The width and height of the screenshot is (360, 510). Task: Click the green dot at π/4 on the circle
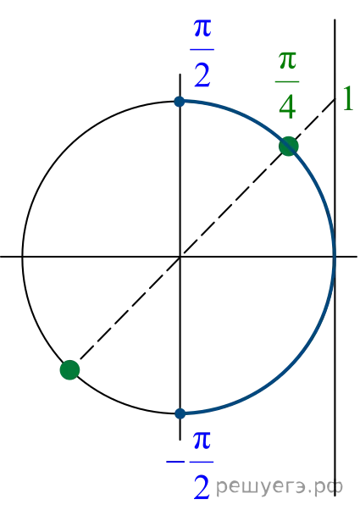[x=289, y=147]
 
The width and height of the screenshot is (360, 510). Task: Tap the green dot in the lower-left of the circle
[x=70, y=370]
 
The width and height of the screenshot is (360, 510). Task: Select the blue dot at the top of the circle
[x=180, y=102]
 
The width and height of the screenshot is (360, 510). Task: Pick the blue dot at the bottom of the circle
[x=180, y=413]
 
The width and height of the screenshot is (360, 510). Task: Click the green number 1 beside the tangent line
[x=348, y=99]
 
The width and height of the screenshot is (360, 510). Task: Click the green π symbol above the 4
[x=287, y=61]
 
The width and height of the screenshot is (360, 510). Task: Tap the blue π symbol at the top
[x=202, y=28]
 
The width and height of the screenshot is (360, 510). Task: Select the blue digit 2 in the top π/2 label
[x=202, y=75]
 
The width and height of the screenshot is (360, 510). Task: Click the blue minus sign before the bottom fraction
[x=175, y=462]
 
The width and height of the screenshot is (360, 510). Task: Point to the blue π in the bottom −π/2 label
[x=202, y=441]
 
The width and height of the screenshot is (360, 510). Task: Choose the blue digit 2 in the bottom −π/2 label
[x=202, y=487]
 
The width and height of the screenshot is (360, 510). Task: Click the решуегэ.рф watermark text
[x=280, y=486]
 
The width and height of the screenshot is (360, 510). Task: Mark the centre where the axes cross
[x=180, y=257]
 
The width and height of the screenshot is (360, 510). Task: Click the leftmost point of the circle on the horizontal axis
[x=22, y=257]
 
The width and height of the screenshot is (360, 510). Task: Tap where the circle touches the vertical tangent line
[x=335, y=257]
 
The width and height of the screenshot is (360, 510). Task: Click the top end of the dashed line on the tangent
[x=335, y=98]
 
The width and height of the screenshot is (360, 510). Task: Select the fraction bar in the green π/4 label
[x=287, y=81]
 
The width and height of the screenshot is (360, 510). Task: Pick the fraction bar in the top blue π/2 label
[x=202, y=50]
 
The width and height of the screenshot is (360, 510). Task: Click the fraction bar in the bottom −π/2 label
[x=202, y=462]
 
